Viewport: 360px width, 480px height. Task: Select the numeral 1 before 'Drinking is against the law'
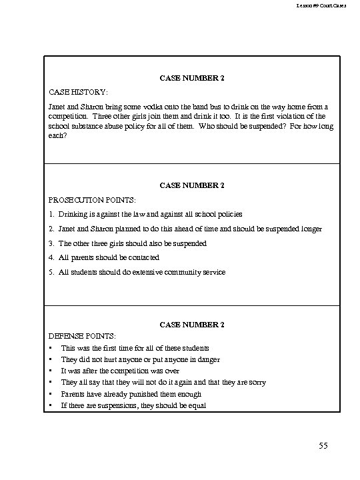pyautogui.click(x=51, y=215)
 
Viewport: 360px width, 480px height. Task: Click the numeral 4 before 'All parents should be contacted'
pyautogui.click(x=51, y=257)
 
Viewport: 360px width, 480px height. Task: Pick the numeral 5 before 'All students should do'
pyautogui.click(x=51, y=272)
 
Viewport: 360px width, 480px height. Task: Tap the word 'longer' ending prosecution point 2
pyautogui.click(x=310, y=229)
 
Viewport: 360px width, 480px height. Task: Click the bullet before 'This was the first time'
pyautogui.click(x=51, y=348)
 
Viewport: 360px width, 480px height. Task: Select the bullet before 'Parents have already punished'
pyautogui.click(x=51, y=395)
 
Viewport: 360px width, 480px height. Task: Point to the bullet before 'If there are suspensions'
pyautogui.click(x=51, y=406)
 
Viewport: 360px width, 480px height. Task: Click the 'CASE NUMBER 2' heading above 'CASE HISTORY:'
pyautogui.click(x=192, y=79)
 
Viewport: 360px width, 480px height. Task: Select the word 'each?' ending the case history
pyautogui.click(x=58, y=136)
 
